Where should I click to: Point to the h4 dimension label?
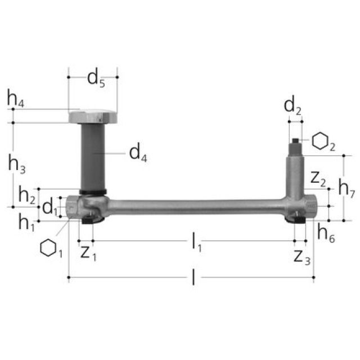[x=15, y=98]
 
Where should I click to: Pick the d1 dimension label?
[x=50, y=206]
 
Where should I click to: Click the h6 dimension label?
[x=324, y=231]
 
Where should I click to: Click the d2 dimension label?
[x=293, y=105]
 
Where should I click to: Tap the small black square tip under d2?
[x=295, y=138]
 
